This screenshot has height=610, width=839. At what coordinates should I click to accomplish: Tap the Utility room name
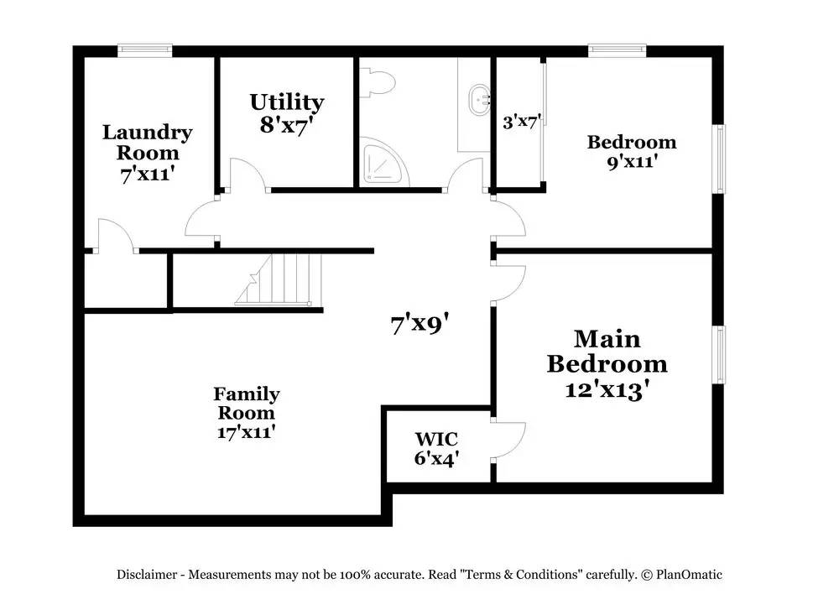(287, 102)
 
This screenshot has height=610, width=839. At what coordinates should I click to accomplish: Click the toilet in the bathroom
(378, 82)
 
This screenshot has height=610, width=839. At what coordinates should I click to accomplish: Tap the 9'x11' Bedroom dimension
(631, 162)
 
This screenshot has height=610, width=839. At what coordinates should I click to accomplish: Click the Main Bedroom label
(607, 352)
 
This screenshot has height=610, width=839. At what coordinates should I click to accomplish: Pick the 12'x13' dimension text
(607, 389)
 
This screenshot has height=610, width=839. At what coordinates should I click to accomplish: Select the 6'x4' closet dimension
(436, 459)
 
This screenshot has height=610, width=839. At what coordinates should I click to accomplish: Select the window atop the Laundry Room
(144, 50)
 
